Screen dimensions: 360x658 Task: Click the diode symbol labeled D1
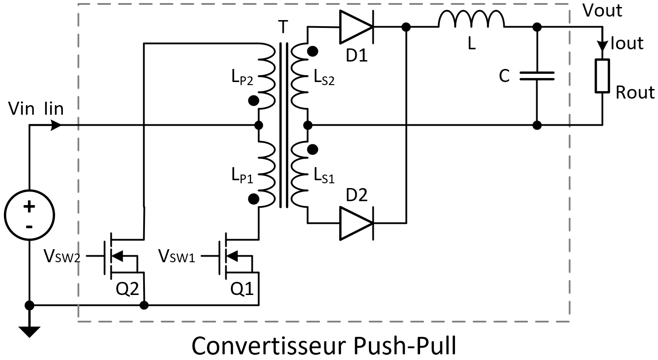point(356,27)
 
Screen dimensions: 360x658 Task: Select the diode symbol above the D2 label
point(356,223)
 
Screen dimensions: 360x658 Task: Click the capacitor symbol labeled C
point(537,76)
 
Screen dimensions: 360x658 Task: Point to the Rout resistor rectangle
point(603,76)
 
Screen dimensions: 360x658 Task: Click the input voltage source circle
point(29,215)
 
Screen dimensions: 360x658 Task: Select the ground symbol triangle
point(29,332)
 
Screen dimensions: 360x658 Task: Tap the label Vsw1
point(176,256)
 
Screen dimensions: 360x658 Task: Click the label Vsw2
point(62,256)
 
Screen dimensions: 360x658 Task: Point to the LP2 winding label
point(242,78)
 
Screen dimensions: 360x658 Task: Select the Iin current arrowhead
point(56,125)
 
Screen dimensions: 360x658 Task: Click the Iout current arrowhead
point(603,45)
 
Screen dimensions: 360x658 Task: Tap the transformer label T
point(283,27)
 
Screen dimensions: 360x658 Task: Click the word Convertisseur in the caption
point(268,345)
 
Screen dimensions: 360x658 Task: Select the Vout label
point(602,10)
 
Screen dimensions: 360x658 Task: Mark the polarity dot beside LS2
point(312,51)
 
